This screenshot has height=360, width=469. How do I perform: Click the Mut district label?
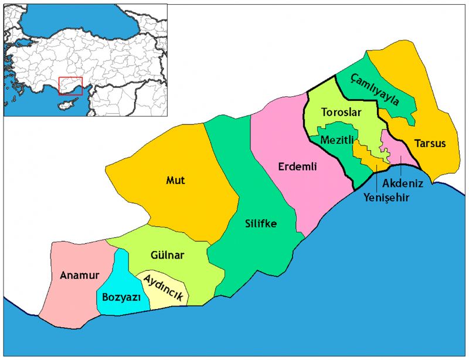(175, 181)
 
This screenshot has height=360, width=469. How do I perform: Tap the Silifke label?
(261, 223)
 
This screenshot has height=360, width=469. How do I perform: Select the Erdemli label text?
(297, 167)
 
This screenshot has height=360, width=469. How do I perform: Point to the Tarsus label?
(430, 144)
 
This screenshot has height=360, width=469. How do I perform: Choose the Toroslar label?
(341, 112)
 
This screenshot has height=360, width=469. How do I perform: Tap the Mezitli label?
(336, 140)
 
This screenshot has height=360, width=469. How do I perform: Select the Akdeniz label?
(403, 183)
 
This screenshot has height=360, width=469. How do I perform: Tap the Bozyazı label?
(121, 297)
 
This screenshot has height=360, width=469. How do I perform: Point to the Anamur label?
(80, 275)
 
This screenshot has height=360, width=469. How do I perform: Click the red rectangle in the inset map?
(70, 86)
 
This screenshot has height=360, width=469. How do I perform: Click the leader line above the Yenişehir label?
(376, 178)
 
